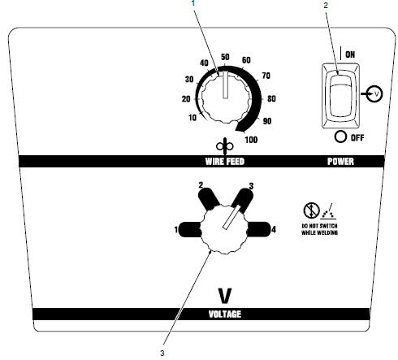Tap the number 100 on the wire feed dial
[250, 140]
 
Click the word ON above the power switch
[352, 54]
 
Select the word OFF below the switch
[354, 137]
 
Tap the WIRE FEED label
[225, 161]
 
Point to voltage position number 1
[175, 231]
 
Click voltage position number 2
[201, 186]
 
